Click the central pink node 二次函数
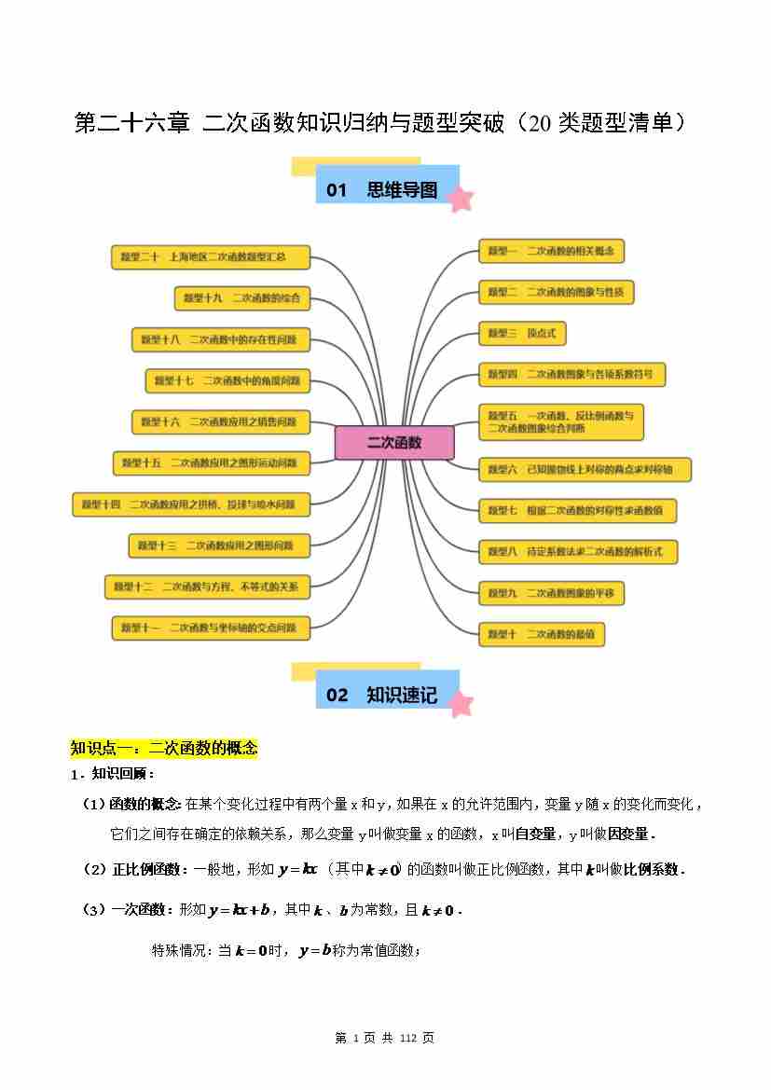coord(394,443)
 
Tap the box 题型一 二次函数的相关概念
coord(551,251)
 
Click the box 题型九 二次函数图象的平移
coord(551,593)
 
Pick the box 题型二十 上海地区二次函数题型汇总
coord(211,257)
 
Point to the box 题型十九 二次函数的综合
coord(242,298)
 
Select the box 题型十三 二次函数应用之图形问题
coord(219,545)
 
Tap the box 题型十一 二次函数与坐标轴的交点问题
coord(211,628)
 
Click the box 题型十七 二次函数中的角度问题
coord(227,380)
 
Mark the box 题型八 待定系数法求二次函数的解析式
coord(577,552)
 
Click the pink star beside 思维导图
coord(460,199)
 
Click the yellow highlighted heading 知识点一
coord(164,748)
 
